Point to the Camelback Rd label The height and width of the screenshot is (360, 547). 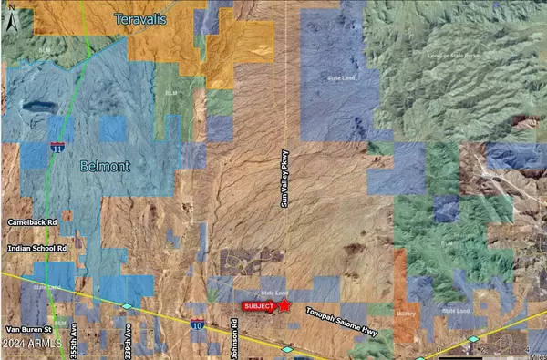pyautogui.click(x=33, y=221)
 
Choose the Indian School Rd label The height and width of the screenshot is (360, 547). pyautogui.click(x=37, y=248)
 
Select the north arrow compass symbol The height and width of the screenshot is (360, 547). pyautogui.click(x=9, y=20)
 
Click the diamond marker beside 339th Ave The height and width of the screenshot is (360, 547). pyautogui.click(x=127, y=306)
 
